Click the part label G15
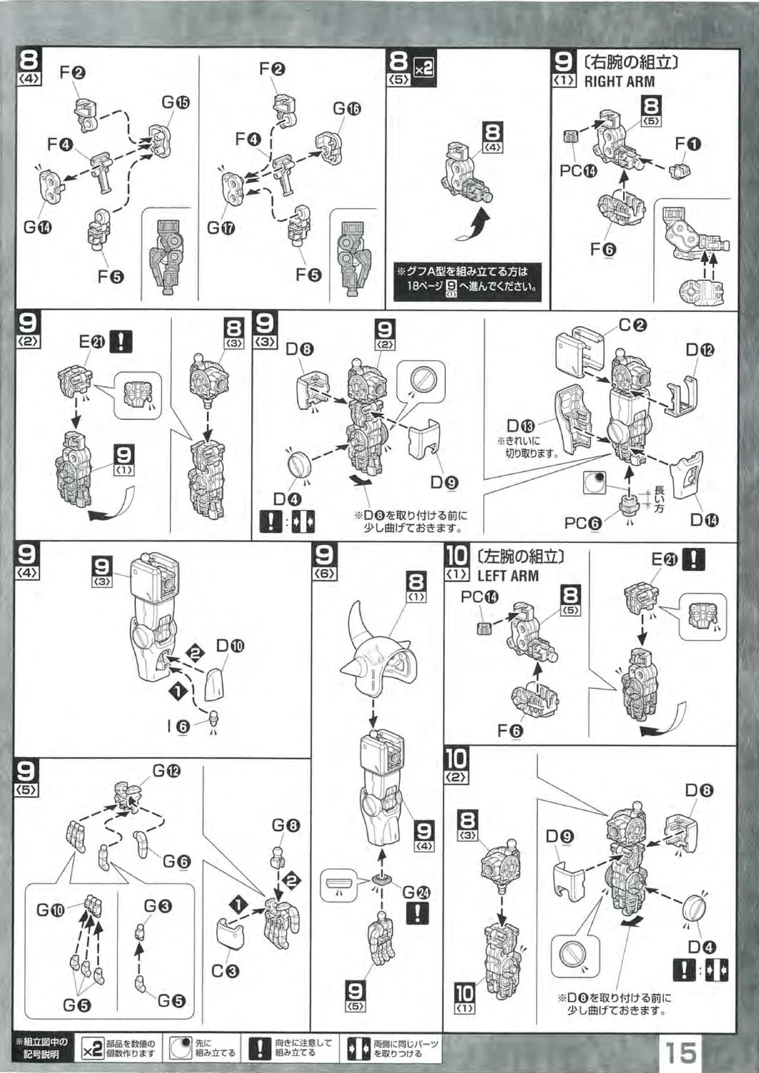[x=175, y=102]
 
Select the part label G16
[x=346, y=109]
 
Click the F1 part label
[x=687, y=144]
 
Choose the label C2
[x=632, y=325]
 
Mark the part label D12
[x=700, y=350]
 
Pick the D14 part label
[x=704, y=520]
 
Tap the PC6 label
[x=582, y=523]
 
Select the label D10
[x=230, y=646]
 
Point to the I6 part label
[x=178, y=727]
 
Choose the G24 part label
[x=416, y=892]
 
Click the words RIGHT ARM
[x=619, y=82]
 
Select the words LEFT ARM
[x=507, y=576]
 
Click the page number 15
[x=680, y=1052]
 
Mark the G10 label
[x=51, y=911]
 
